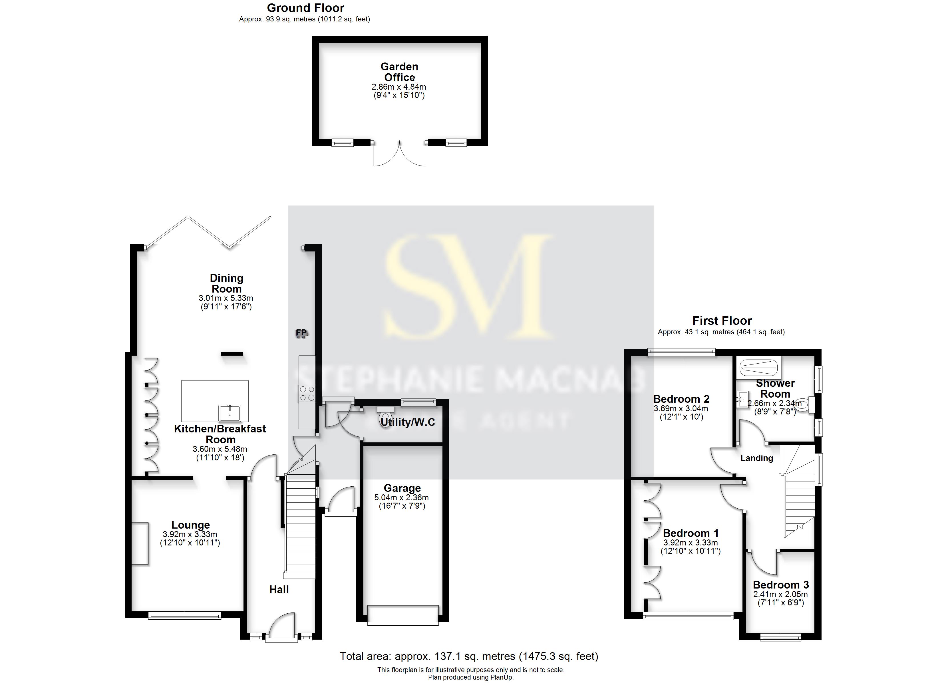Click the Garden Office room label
pyautogui.click(x=399, y=72)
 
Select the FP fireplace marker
pyautogui.click(x=301, y=333)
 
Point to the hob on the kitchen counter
pyautogui.click(x=307, y=393)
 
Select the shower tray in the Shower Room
pyautogui.click(x=759, y=367)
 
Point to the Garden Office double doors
pyautogui.click(x=399, y=154)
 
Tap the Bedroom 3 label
pyautogui.click(x=781, y=585)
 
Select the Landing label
pyautogui.click(x=757, y=458)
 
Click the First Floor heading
pyautogui.click(x=722, y=321)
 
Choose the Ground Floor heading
pyautogui.click(x=305, y=8)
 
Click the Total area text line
pyautogui.click(x=469, y=656)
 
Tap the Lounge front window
pyautogui.click(x=185, y=615)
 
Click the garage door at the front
pyautogui.click(x=402, y=615)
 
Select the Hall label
pyautogui.click(x=279, y=589)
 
